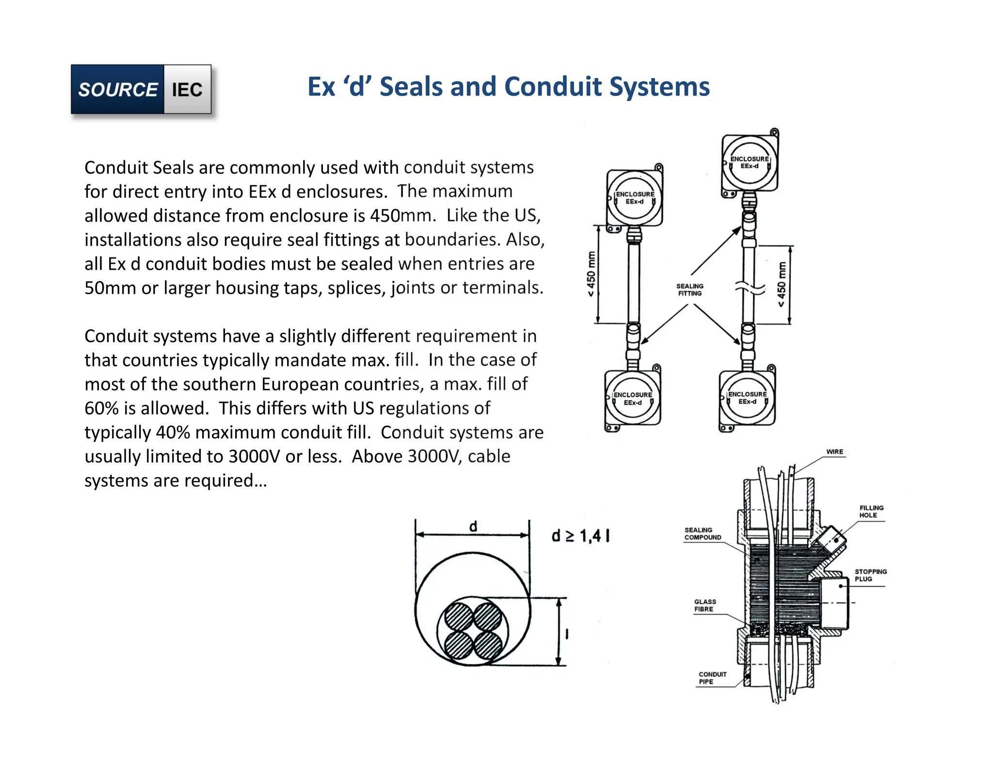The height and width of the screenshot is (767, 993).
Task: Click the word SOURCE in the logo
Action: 118,90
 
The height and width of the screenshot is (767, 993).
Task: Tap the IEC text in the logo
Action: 187,90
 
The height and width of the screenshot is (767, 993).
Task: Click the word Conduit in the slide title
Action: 553,87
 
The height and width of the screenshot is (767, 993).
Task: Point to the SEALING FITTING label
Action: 689,290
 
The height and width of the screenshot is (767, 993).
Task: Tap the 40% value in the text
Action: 173,432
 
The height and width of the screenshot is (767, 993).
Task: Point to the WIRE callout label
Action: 834,452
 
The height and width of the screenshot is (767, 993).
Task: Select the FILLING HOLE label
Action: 871,511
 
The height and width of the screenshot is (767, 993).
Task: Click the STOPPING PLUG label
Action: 870,575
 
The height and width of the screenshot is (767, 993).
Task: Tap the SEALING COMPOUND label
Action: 703,534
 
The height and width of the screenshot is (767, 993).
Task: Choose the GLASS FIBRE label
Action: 705,606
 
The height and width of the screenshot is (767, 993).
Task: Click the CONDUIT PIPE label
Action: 712,678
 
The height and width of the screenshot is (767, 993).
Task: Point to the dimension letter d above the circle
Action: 473,527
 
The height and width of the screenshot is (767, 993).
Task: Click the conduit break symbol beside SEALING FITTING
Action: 750,288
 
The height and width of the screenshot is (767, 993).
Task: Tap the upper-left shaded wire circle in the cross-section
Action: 458,616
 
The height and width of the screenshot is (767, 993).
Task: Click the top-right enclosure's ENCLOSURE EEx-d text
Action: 749,162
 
